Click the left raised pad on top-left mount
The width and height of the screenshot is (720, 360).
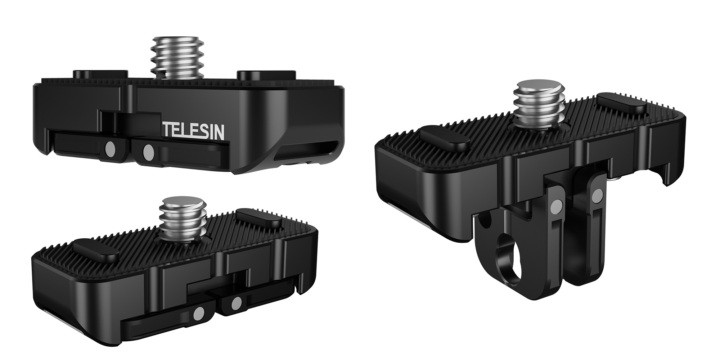click(100, 74)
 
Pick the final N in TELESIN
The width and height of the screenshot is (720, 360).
click(220, 131)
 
